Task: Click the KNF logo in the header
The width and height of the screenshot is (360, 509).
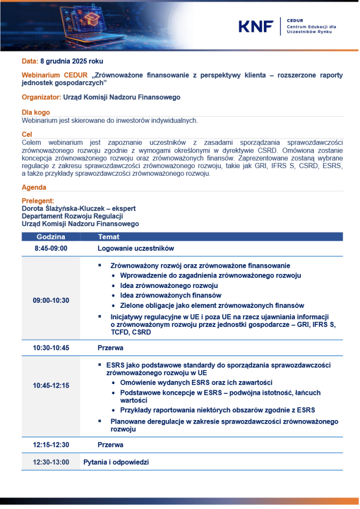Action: pos(256,26)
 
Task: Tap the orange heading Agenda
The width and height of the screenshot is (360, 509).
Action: pos(33,188)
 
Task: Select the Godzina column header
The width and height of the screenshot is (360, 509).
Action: pos(51,237)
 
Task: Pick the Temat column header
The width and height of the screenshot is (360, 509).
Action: pos(109,237)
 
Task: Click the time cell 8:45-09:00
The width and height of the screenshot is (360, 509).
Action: pos(51,248)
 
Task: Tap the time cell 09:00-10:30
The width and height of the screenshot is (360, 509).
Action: pos(51,300)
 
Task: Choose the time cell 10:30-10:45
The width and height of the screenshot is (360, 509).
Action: pos(51,348)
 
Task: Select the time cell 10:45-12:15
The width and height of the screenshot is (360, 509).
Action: pos(51,386)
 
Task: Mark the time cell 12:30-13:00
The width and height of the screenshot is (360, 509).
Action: pos(51,462)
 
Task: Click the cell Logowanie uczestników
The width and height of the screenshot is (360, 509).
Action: pos(136,248)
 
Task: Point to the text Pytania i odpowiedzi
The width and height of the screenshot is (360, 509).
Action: pos(116,462)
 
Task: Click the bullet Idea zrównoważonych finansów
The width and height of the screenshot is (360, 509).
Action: pos(171,295)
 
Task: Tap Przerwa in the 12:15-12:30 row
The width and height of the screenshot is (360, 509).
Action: pos(111,445)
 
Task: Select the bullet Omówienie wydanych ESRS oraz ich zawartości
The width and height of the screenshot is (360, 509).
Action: pos(196,383)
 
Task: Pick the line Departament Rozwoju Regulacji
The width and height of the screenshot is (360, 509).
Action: pos(65,216)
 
